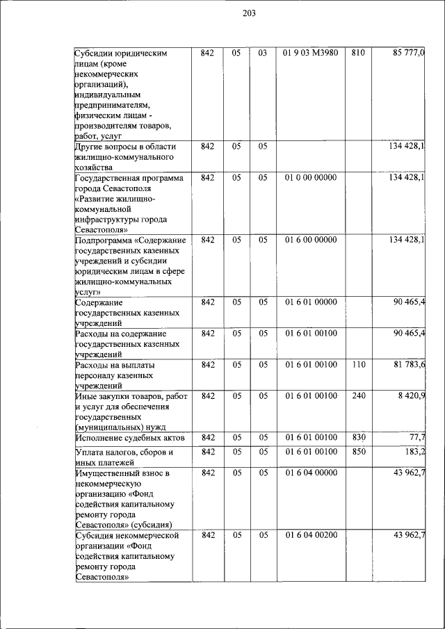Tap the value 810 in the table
[x=357, y=53]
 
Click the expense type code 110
[x=357, y=365]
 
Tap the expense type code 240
[x=357, y=396]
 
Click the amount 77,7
[x=418, y=437]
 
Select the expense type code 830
[x=357, y=437]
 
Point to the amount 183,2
[x=416, y=452]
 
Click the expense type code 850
[x=357, y=452]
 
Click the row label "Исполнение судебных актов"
[x=129, y=438]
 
